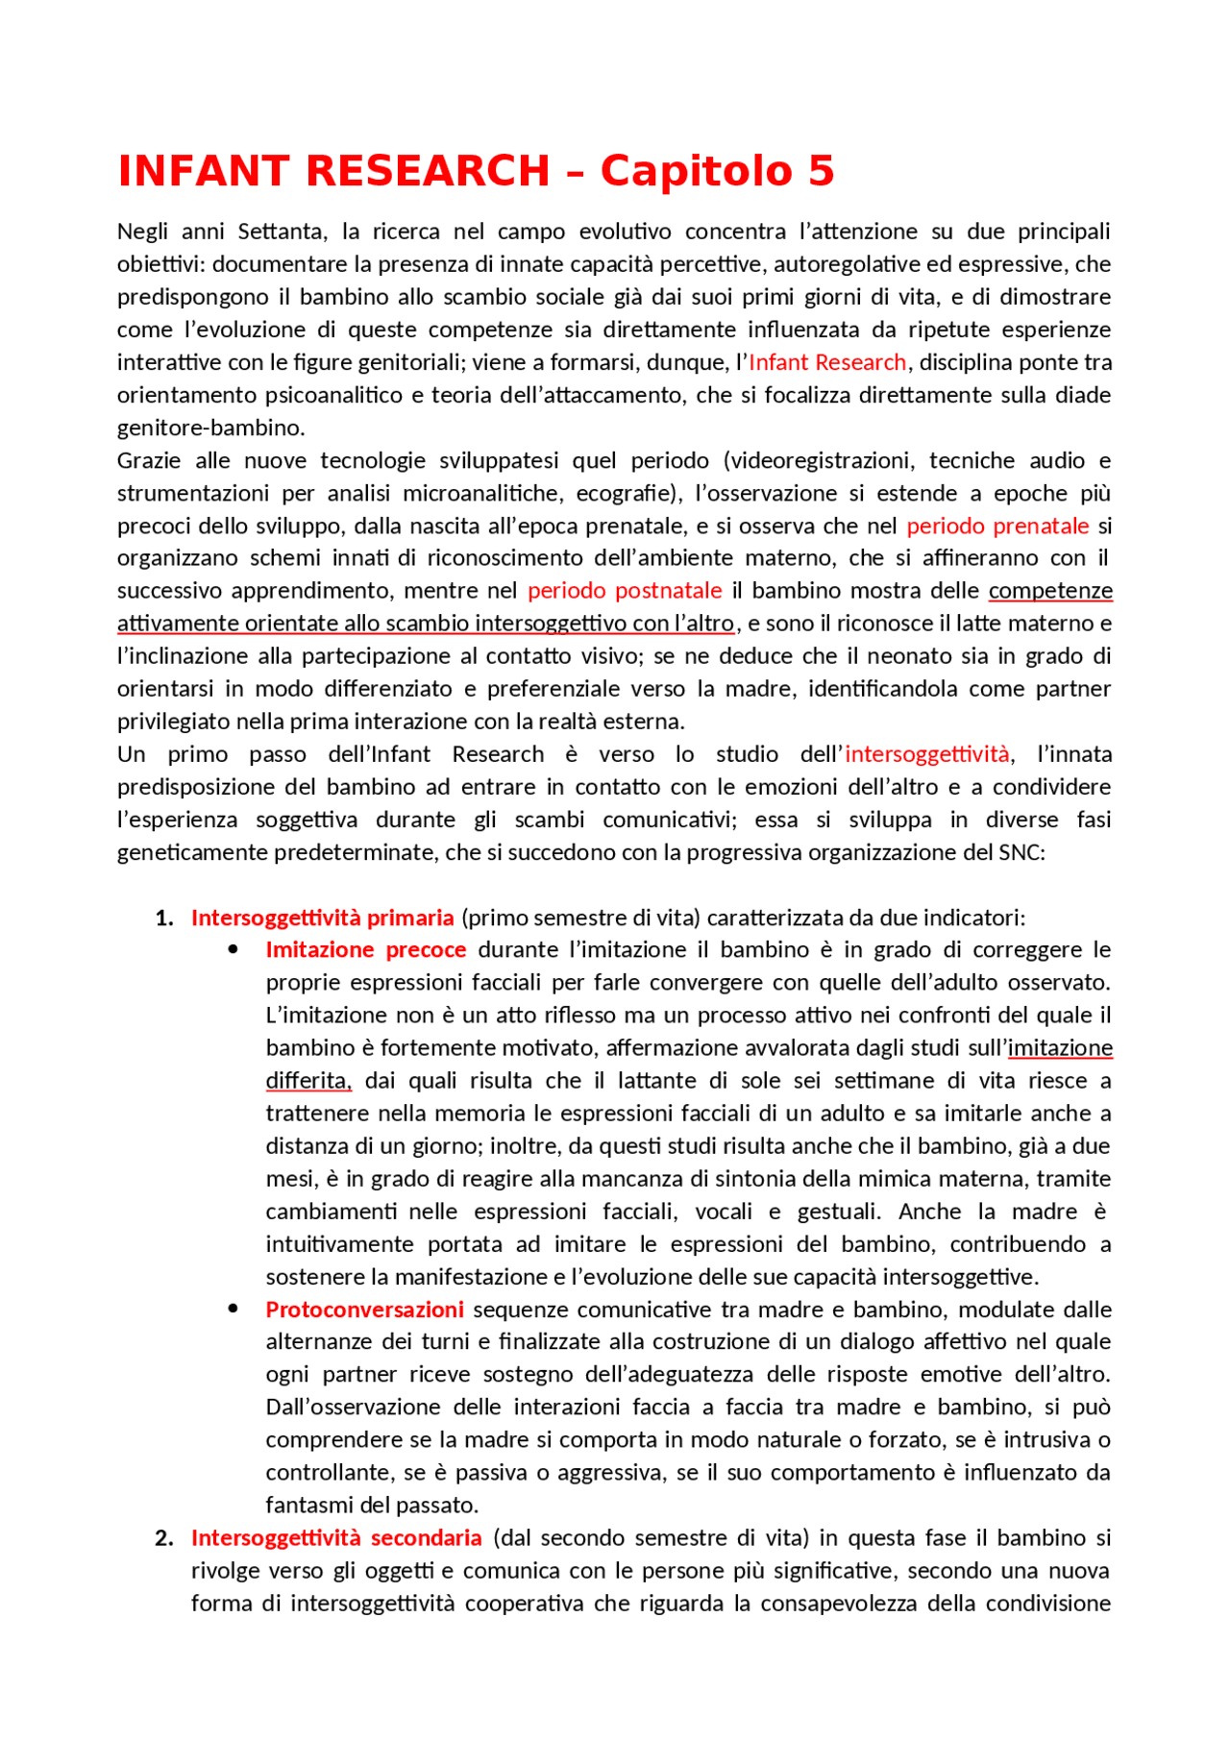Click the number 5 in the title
(x=821, y=172)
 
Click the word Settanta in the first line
(x=281, y=232)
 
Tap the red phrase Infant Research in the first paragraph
(x=827, y=362)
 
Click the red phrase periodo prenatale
(x=997, y=526)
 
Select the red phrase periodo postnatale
(x=625, y=591)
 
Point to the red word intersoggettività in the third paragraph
(x=926, y=754)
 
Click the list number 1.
(x=163, y=919)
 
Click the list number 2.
(x=163, y=1538)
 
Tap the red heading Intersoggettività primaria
(x=322, y=918)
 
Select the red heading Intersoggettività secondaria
(x=336, y=1538)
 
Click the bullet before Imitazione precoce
(x=234, y=949)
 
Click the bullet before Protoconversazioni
(x=234, y=1309)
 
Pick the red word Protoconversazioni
(x=364, y=1310)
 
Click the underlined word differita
(x=308, y=1081)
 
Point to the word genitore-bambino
(x=210, y=428)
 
